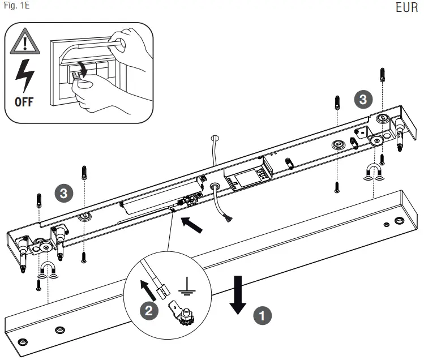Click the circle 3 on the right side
pyautogui.click(x=363, y=99)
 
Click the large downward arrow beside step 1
pyautogui.click(x=238, y=294)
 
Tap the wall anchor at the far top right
pyautogui.click(x=383, y=73)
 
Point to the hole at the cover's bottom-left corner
pyautogui.click(x=23, y=342)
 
